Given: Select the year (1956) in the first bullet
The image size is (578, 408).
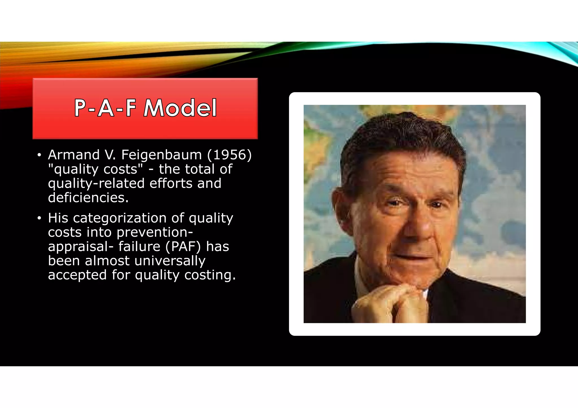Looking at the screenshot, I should point(229,155).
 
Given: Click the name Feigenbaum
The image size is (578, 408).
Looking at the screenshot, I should point(161,155).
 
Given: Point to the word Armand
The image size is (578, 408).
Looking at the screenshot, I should point(74,155).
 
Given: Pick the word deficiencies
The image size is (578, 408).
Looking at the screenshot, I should point(88,198).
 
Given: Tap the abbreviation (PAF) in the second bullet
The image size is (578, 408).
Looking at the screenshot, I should point(183,247).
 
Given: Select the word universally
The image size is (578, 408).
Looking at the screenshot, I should point(170,261).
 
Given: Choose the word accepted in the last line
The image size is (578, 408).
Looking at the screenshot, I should point(77,275).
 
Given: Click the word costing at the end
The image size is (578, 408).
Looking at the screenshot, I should point(210,275).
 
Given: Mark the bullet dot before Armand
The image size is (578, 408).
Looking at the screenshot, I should point(39,155).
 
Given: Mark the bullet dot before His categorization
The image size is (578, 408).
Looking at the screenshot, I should point(39,218).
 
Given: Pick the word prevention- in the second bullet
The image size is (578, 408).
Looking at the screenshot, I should point(155,232).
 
